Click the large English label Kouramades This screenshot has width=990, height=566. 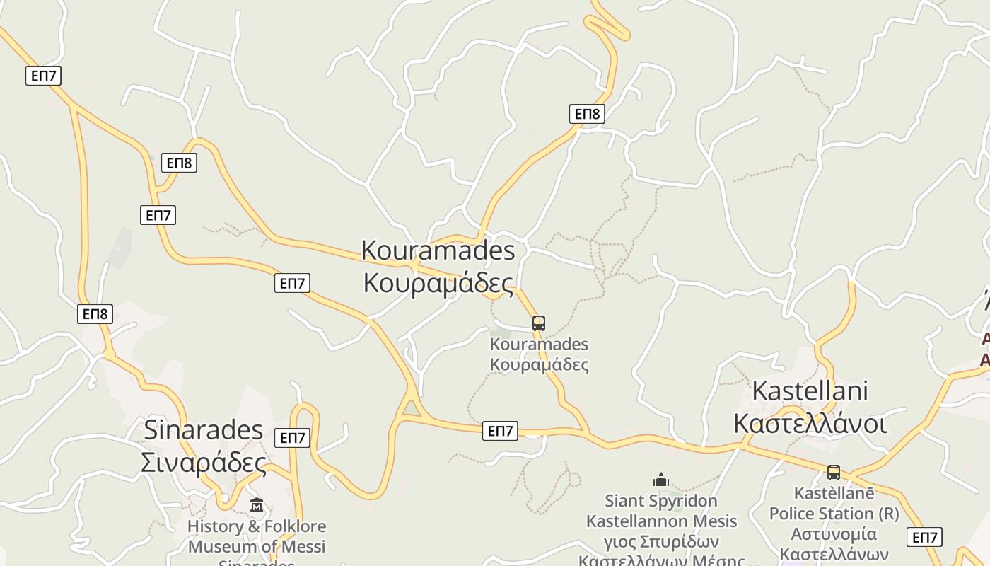coord(438,250)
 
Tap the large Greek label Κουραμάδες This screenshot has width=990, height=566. coord(438,282)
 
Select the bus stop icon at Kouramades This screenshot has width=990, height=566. coord(539,323)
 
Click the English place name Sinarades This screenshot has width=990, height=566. coord(204,429)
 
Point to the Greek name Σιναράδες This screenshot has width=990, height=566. coord(204,462)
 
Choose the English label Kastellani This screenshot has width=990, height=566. coord(810,391)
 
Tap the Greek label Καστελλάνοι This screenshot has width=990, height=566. coord(810,423)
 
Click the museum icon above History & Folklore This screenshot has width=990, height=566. coord(257,505)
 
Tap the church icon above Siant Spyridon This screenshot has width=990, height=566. coord(661,480)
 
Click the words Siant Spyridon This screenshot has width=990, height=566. coord(661,502)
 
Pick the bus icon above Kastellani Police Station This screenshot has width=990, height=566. coord(834,473)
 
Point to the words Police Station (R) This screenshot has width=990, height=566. coord(834,514)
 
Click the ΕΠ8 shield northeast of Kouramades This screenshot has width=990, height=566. coord(587,114)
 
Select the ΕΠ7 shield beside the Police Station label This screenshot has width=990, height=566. coord(924,537)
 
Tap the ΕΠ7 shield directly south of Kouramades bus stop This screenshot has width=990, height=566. coord(500,431)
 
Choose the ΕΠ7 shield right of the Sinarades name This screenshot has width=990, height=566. coord(292,438)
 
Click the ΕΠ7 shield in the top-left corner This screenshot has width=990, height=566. coord(44,76)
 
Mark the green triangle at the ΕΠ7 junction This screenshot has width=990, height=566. coord(410,409)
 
